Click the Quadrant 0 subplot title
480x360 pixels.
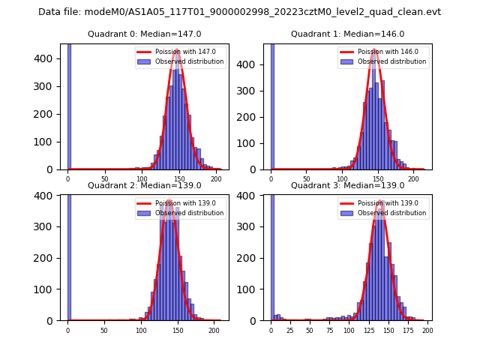[144, 34]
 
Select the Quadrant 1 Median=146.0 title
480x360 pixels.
[347, 34]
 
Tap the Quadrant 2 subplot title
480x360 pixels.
[144, 185]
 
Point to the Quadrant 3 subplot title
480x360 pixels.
[347, 185]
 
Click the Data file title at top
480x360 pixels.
[239, 12]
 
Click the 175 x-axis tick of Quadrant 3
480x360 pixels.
[408, 329]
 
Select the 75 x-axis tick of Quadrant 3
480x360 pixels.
[329, 329]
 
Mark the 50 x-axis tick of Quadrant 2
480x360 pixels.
[104, 329]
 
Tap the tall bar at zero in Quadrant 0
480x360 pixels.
[69, 105]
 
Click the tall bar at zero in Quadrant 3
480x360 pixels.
[272, 255]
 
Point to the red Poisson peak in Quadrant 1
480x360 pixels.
[374, 51]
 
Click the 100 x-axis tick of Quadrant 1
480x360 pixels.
[342, 178]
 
